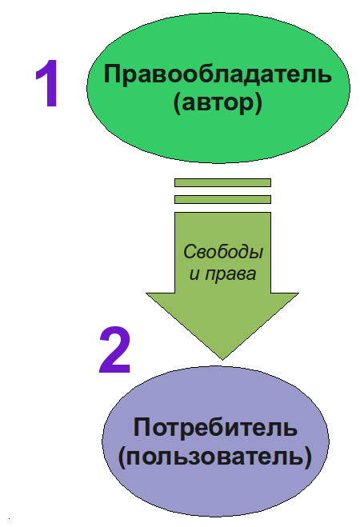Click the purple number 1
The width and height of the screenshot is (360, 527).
click(x=48, y=83)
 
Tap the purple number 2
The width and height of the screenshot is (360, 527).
click(x=114, y=349)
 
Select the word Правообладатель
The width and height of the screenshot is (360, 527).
click(x=218, y=74)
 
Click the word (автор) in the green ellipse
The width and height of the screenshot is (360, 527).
click(x=218, y=102)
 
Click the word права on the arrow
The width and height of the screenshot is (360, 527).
click(x=230, y=274)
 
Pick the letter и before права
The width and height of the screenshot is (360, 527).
click(x=195, y=274)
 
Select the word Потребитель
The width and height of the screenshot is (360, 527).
click(x=215, y=428)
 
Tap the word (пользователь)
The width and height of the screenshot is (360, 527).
click(x=215, y=457)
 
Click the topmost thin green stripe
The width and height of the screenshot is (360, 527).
click(x=222, y=183)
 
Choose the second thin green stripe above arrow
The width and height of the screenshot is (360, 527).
click(x=222, y=200)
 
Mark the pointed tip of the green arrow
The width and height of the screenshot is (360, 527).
click(x=222, y=360)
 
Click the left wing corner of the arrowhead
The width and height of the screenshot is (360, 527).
click(x=146, y=293)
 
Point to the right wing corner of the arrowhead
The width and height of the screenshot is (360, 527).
click(x=298, y=293)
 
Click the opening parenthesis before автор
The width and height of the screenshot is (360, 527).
click(x=178, y=103)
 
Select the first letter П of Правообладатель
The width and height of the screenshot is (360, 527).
click(x=112, y=74)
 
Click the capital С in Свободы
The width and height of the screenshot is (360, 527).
click(x=190, y=252)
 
